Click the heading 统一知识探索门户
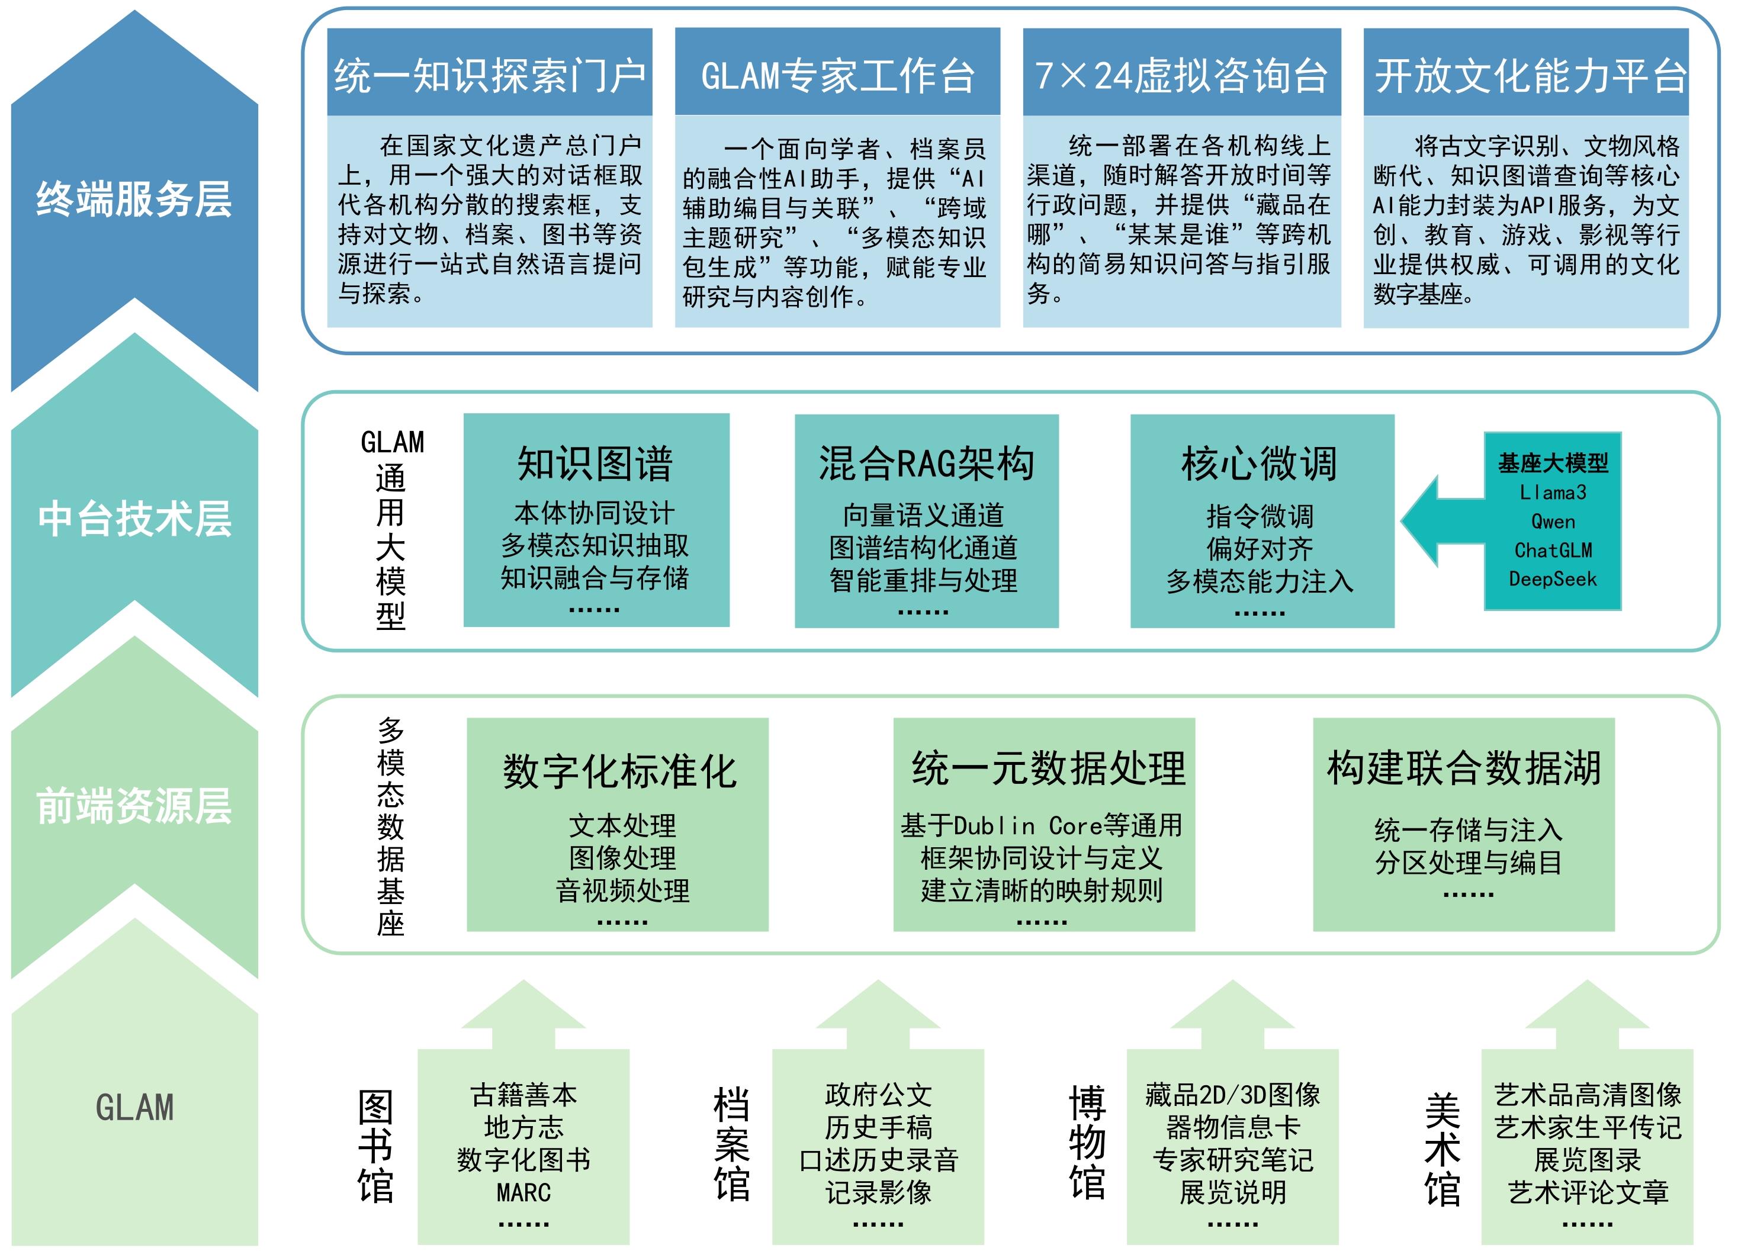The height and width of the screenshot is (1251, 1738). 489,75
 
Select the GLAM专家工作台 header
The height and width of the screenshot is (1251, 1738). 837,75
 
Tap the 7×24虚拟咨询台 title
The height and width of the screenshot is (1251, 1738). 1181,75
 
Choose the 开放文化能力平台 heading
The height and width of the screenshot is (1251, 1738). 1530,75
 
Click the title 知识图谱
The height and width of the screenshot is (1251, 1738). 596,464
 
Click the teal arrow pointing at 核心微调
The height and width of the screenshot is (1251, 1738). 1439,521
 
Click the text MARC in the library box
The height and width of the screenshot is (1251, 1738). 523,1192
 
